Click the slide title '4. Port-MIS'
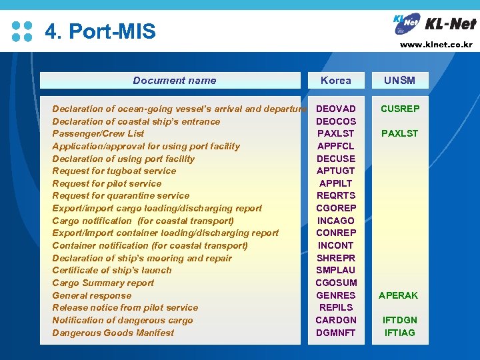click(x=100, y=31)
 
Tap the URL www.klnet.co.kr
click(x=436, y=45)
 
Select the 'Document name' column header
click(x=174, y=81)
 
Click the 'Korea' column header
click(x=335, y=81)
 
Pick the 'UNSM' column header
click(x=399, y=81)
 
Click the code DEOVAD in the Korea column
click(x=335, y=109)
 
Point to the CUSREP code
click(x=399, y=109)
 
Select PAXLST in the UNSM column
click(x=399, y=133)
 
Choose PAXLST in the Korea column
click(x=335, y=133)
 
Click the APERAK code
click(x=398, y=295)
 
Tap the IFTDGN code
click(x=399, y=320)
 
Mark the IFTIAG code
click(x=399, y=333)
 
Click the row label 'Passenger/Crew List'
click(x=98, y=133)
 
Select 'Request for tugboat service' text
click(x=114, y=171)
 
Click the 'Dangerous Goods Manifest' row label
click(x=113, y=333)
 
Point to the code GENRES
click(x=335, y=295)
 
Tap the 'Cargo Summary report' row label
click(x=103, y=283)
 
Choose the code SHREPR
click(x=335, y=258)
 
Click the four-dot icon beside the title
click(x=22, y=31)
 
